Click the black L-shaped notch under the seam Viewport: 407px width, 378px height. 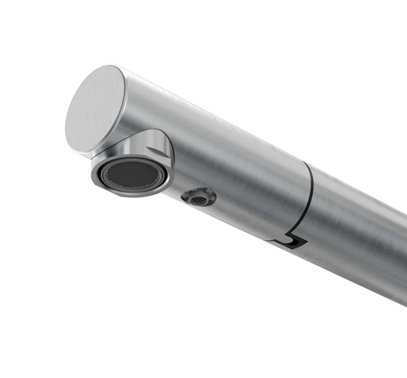click(x=292, y=242)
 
